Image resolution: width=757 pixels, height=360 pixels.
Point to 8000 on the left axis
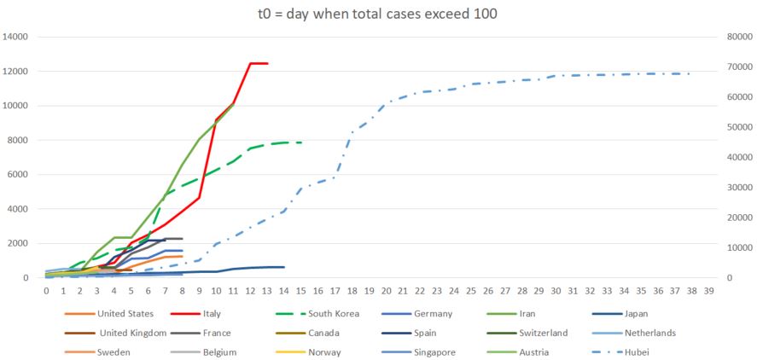(20, 140)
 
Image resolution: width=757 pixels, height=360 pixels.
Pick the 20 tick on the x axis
(387, 292)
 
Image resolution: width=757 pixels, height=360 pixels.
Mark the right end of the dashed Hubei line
(691, 73)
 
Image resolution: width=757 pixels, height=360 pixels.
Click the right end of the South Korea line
(301, 142)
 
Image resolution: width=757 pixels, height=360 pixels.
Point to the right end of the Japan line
(284, 267)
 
